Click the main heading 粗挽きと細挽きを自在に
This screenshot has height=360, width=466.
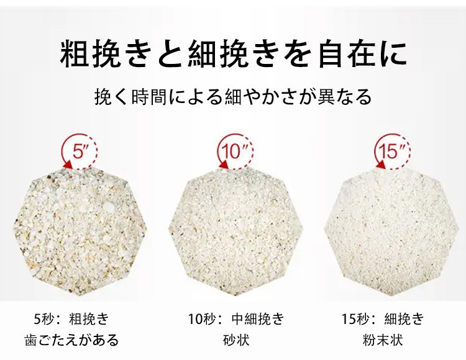click(233, 55)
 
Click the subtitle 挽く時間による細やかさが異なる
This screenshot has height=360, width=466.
click(233, 97)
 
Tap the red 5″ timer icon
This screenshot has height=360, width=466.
click(80, 151)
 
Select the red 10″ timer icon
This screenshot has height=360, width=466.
click(235, 151)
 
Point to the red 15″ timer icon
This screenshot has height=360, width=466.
click(392, 151)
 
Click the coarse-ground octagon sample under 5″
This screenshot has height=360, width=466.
click(80, 231)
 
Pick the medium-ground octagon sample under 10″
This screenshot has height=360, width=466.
click(235, 231)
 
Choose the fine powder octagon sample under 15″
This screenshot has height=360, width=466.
click(390, 231)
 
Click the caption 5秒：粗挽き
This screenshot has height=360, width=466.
click(71, 319)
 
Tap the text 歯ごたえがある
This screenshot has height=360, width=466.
click(71, 340)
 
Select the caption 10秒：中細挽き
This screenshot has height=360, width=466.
click(236, 319)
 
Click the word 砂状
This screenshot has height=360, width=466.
click(236, 340)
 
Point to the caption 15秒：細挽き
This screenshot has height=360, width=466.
click(383, 319)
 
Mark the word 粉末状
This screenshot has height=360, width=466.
click(383, 340)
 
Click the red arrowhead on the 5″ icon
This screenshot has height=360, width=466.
click(68, 164)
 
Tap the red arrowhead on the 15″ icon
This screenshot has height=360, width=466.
click(381, 164)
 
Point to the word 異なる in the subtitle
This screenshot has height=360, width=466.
click(345, 97)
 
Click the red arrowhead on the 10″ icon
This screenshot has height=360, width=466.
click(223, 164)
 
